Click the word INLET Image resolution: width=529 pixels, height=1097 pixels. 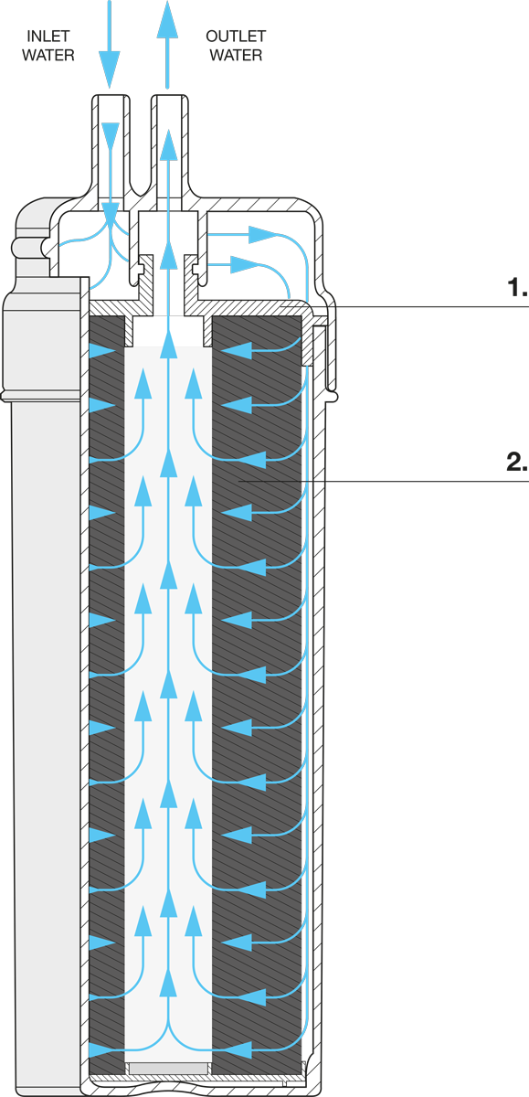point(48,37)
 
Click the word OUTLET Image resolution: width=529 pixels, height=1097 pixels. point(236,37)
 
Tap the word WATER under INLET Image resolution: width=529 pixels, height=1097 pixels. point(48,55)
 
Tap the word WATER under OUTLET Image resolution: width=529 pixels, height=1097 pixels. point(236,55)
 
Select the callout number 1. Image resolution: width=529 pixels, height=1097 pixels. point(517,287)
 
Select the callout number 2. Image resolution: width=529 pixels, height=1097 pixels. point(517,462)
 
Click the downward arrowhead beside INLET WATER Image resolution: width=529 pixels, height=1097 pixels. point(109,69)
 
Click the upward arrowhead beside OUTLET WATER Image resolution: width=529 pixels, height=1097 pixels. point(167,19)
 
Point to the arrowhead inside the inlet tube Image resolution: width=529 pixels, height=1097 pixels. point(111,135)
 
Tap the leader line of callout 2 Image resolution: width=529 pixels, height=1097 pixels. point(383,482)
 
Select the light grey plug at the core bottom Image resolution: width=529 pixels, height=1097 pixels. point(168,1068)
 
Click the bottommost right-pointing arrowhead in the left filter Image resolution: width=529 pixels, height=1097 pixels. point(102,1050)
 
